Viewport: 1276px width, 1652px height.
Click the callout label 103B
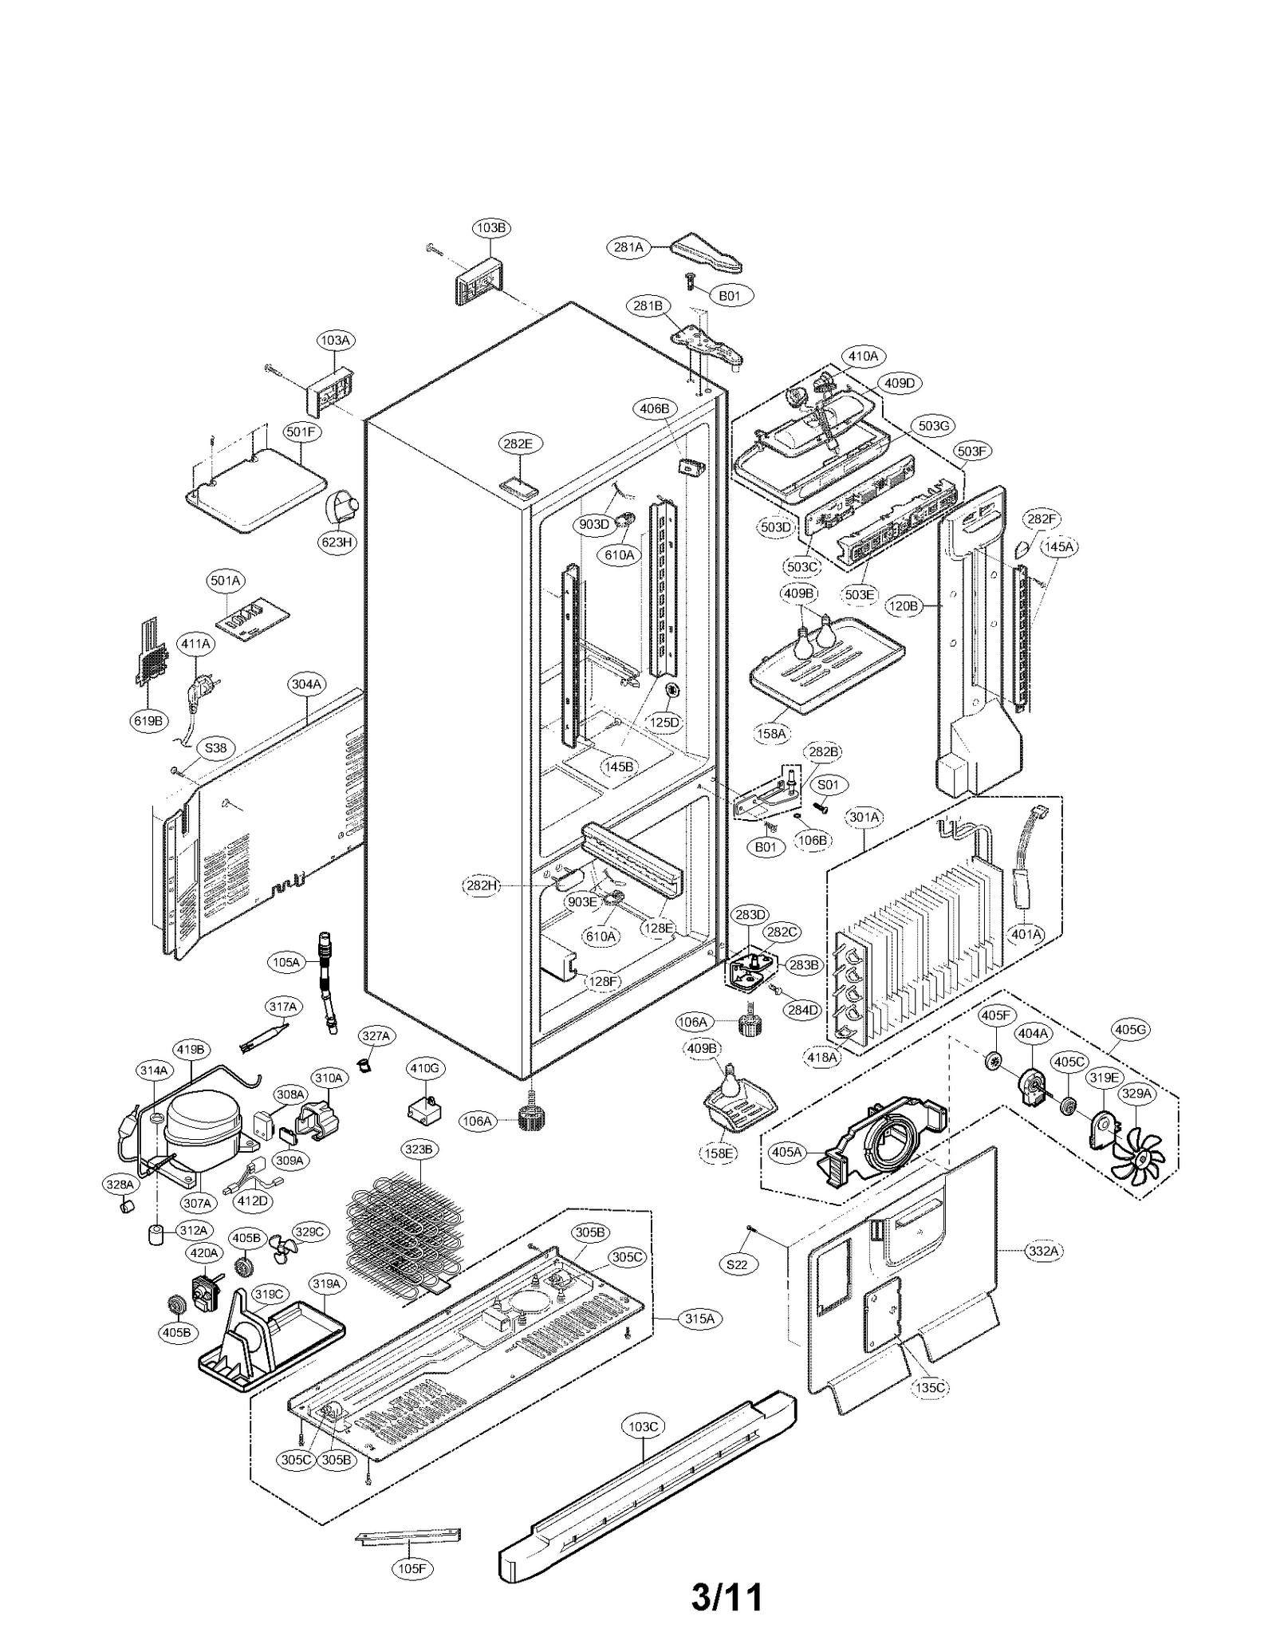point(491,227)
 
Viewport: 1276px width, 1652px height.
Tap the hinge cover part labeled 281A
point(705,254)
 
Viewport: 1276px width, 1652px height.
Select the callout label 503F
point(973,451)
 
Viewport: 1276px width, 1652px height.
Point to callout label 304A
point(306,684)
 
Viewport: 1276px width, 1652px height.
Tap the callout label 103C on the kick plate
point(643,1426)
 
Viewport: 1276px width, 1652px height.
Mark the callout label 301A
point(864,817)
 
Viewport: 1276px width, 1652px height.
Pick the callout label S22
point(738,1264)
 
